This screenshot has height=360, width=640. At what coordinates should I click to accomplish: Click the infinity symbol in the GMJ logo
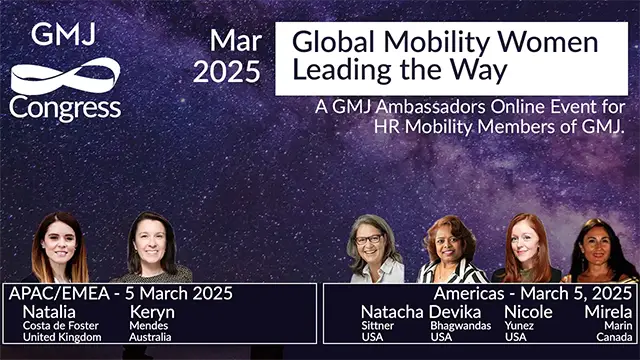point(64,76)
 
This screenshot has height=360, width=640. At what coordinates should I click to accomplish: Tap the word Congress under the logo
point(65,108)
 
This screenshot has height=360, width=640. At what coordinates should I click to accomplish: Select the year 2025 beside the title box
point(226,72)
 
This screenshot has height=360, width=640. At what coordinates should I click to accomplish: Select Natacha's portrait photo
point(376,249)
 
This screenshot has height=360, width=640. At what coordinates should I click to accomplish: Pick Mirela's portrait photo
point(601,250)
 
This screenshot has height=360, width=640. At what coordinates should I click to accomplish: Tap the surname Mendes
point(148,325)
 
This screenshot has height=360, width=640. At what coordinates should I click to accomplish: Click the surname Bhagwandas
point(461,325)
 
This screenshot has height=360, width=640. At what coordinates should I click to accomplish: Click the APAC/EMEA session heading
point(120,293)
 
